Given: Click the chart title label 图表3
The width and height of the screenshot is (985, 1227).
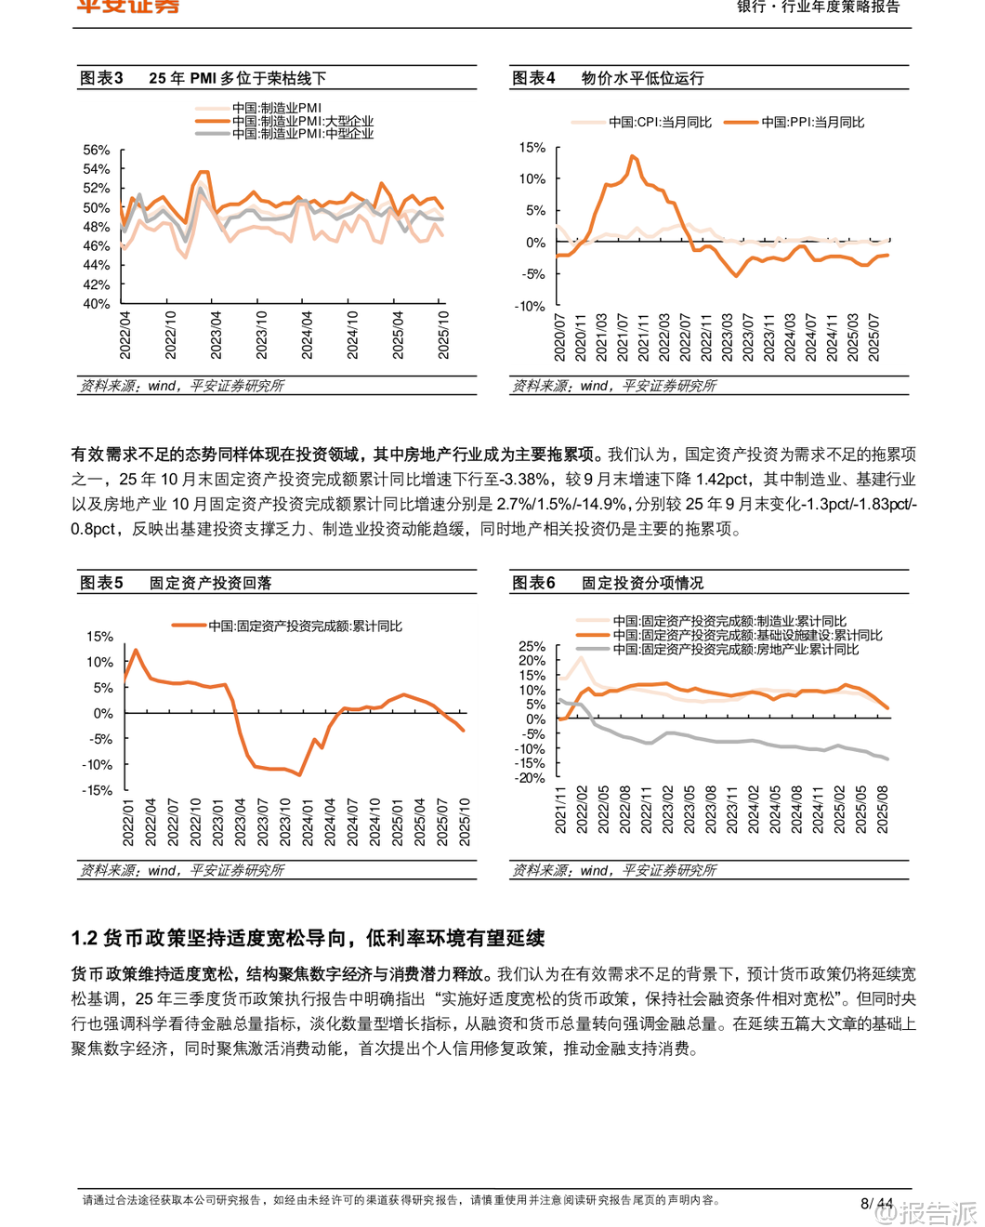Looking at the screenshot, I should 101,78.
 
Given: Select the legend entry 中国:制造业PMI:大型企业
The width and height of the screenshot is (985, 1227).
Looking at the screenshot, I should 302,121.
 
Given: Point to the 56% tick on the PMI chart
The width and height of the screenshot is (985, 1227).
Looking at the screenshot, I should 97,150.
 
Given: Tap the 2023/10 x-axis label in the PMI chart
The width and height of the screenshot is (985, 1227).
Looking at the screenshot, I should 261,336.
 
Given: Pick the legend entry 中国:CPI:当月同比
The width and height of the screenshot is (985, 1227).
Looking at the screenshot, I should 660,122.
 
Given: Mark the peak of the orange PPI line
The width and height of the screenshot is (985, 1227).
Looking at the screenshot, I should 634,156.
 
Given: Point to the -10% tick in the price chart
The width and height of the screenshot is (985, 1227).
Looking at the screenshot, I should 531,306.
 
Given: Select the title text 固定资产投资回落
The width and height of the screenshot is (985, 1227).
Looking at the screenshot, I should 211,583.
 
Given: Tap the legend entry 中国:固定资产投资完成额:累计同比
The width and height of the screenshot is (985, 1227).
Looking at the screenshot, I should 305,626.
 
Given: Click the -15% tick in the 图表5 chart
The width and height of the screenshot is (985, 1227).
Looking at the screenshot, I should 98,790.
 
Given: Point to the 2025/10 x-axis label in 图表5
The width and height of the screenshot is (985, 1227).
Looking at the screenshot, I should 465,822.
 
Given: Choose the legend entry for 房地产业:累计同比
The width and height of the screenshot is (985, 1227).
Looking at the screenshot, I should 735,649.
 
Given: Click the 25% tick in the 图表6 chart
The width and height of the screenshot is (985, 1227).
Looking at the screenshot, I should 532,646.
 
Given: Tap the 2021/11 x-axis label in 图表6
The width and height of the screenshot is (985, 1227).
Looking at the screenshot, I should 560,809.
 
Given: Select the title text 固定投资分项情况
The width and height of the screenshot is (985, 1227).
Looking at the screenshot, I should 643,583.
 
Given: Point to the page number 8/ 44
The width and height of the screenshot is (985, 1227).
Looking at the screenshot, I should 876,1204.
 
